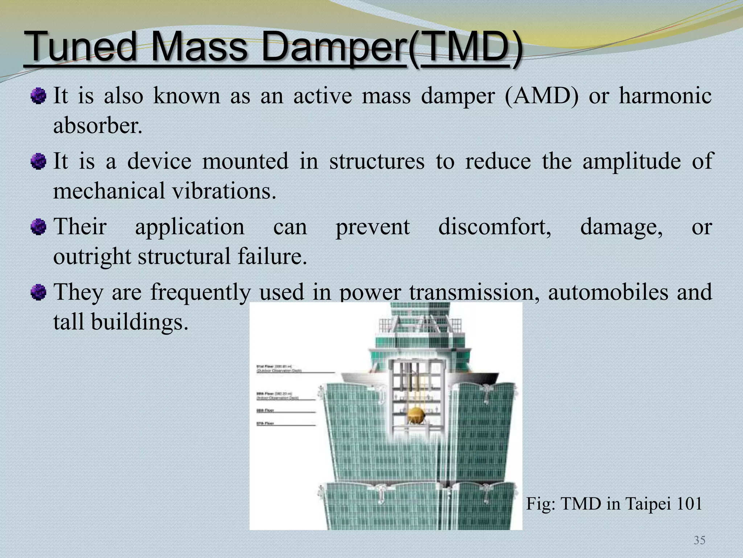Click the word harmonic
(665, 96)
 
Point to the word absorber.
(97, 126)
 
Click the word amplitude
(632, 161)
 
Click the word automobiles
(608, 292)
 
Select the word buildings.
(139, 322)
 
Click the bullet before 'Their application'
(38, 227)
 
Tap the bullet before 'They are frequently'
(38, 292)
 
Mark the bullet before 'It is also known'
(38, 96)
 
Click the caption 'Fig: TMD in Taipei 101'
(614, 504)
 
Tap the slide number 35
(699, 540)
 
